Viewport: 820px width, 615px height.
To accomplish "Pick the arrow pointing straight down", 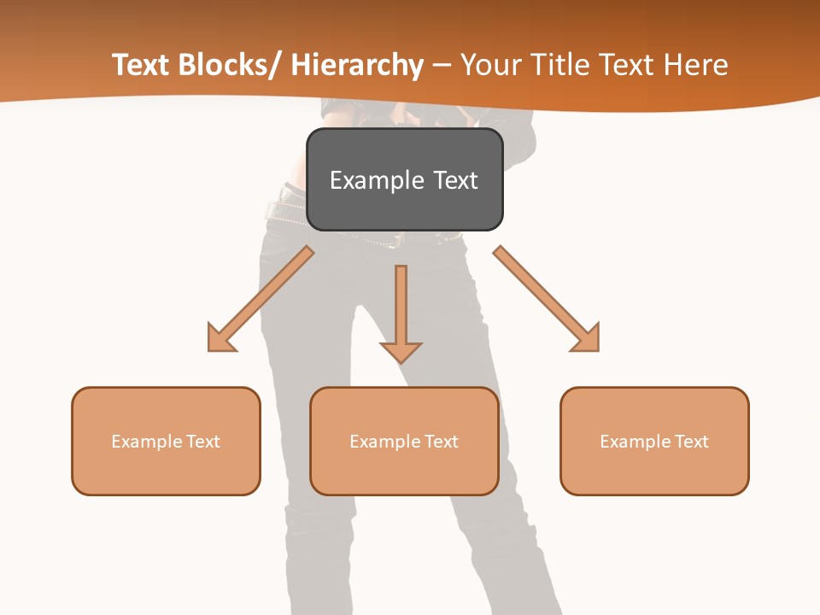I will [401, 312].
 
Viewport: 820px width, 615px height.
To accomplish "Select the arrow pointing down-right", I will [547, 299].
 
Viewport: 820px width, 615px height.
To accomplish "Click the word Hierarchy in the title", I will [357, 65].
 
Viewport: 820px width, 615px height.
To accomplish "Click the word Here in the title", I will [697, 65].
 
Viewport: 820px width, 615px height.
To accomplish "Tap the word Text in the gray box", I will [455, 180].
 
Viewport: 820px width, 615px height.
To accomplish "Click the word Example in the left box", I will [147, 442].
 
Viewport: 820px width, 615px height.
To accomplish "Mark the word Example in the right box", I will [635, 442].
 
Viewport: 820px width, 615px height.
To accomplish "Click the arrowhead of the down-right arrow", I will [588, 340].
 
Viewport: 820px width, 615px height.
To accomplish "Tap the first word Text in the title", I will [140, 65].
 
